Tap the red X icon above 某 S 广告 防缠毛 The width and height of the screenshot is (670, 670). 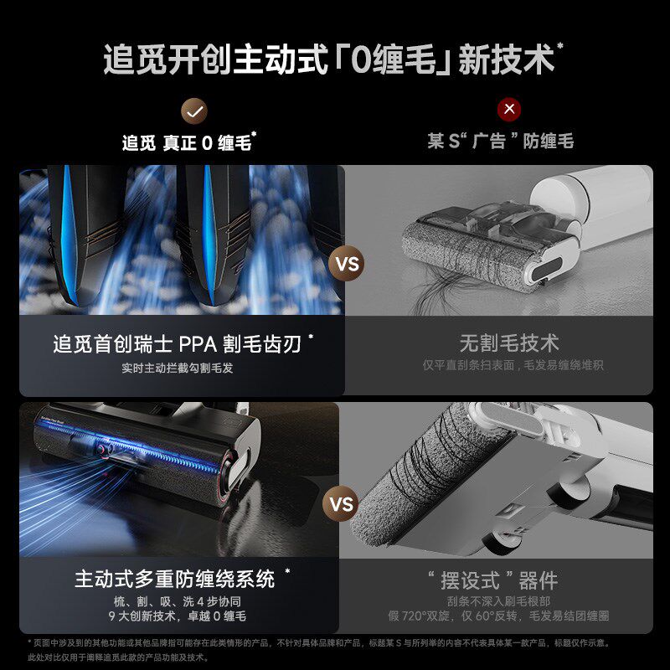click(x=508, y=110)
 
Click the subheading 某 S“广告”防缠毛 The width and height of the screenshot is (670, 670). click(x=501, y=142)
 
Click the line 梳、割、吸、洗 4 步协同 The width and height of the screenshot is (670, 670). click(x=176, y=601)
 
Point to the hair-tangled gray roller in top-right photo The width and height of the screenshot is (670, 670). click(x=452, y=251)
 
